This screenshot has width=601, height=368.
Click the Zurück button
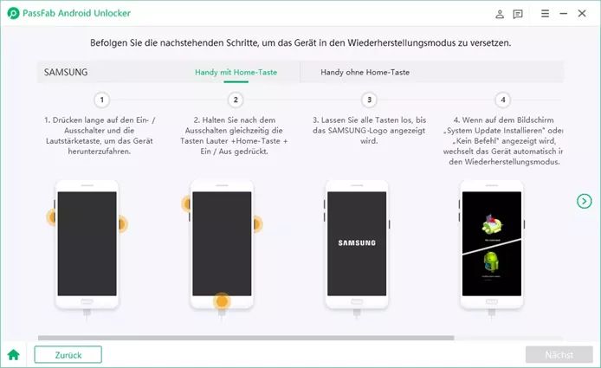[68, 355]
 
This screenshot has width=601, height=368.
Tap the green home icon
[13, 355]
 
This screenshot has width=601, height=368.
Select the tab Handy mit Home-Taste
[236, 72]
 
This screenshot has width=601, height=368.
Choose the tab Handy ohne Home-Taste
[365, 72]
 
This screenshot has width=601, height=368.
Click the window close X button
[582, 13]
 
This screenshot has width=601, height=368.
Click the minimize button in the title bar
[564, 13]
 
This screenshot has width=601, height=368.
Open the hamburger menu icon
[545, 13]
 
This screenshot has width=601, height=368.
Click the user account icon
[500, 14]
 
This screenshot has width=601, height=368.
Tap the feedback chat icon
[518, 14]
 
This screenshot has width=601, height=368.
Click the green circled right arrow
[585, 201]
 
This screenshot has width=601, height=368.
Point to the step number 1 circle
[101, 100]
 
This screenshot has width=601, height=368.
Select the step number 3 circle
[369, 100]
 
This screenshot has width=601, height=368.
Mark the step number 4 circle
[503, 100]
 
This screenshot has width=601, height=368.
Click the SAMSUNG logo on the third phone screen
[357, 243]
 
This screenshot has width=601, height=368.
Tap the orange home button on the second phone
[222, 301]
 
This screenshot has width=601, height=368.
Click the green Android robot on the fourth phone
[491, 261]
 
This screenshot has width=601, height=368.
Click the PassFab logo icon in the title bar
[13, 13]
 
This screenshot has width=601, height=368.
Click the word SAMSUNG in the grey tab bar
[66, 72]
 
